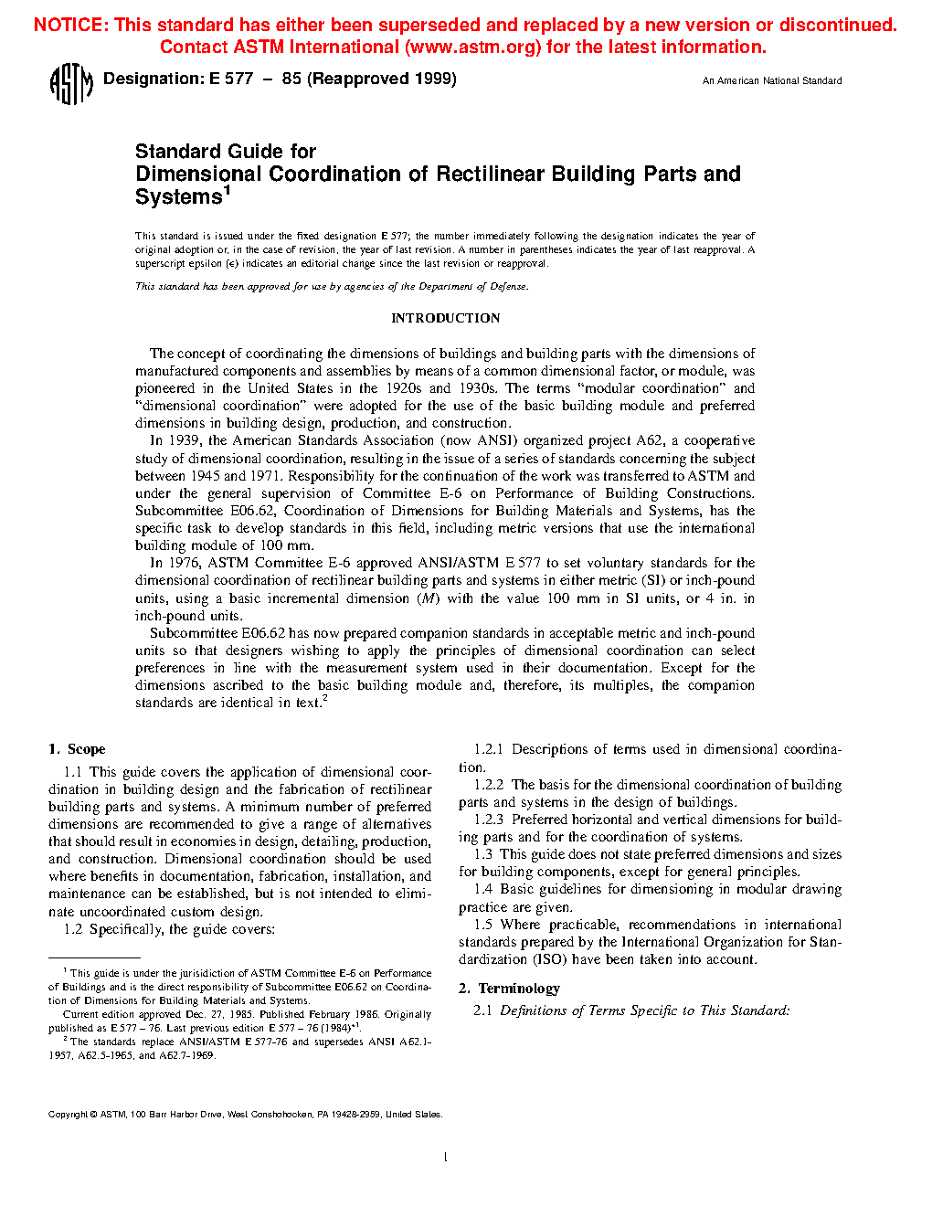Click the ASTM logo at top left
[70, 83]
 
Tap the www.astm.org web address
[472, 47]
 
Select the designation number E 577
[230, 79]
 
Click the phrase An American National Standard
[772, 80]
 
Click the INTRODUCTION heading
[445, 318]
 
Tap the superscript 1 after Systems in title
[227, 190]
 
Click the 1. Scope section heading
[77, 749]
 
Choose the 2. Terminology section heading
[509, 989]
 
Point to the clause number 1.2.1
[489, 749]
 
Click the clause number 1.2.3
[489, 820]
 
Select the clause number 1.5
[482, 925]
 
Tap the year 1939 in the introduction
[185, 440]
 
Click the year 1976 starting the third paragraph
[185, 563]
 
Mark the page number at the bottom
[445, 1158]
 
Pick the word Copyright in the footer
[68, 1115]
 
